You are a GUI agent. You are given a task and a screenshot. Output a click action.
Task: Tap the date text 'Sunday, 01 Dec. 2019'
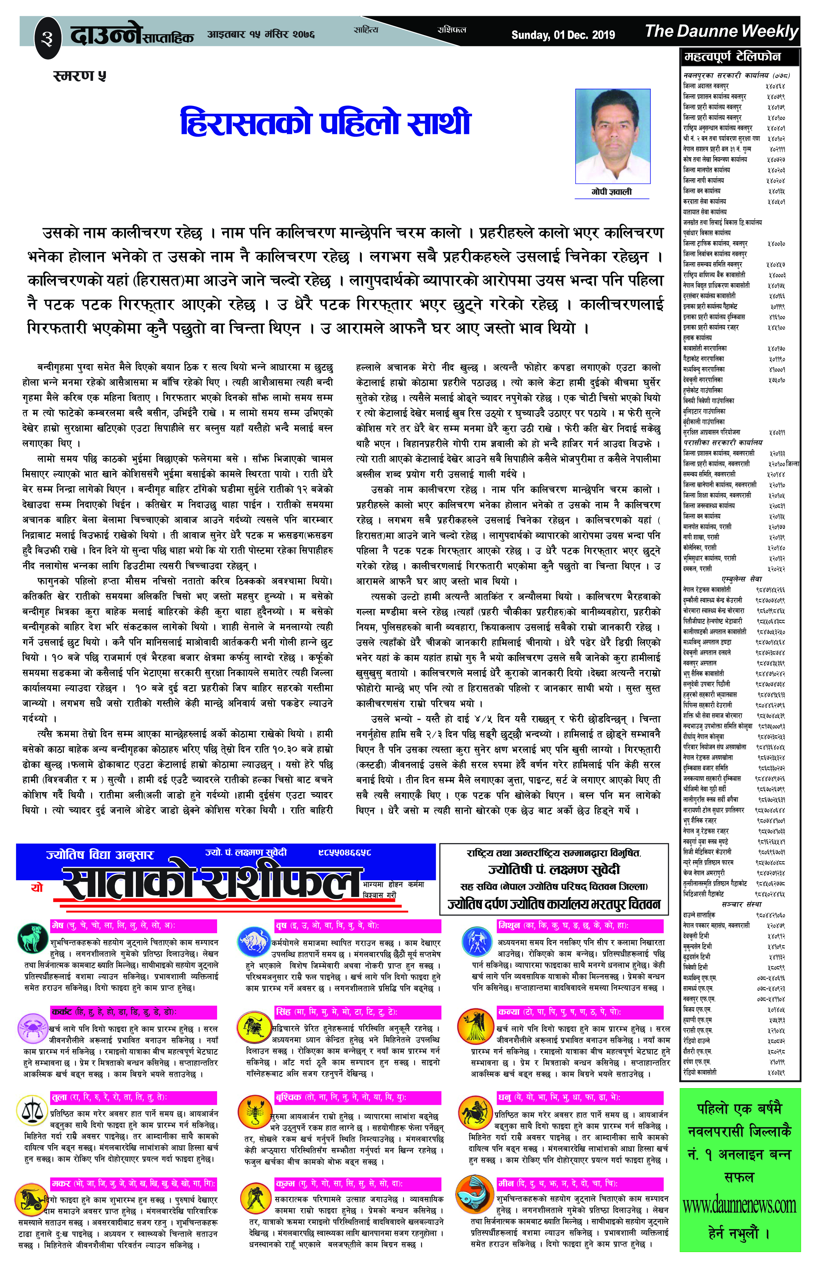click(563, 35)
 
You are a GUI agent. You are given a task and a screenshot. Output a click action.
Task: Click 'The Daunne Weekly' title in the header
click(721, 32)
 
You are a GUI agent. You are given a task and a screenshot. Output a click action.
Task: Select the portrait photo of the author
click(612, 136)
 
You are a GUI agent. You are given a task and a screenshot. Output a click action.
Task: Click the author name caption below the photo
click(612, 191)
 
